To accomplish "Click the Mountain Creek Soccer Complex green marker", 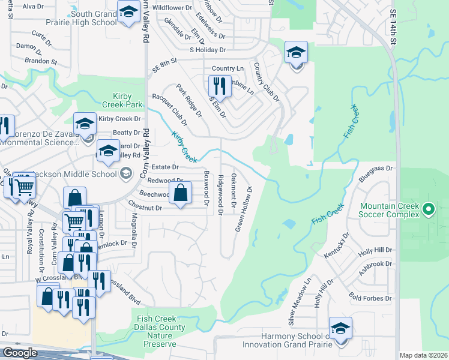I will (428, 209).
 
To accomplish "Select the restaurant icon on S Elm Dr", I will (219, 86).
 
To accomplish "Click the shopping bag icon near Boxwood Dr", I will (181, 193).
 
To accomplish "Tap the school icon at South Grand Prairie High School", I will (128, 11).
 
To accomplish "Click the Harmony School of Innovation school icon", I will (340, 328).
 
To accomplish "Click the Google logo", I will (20, 353).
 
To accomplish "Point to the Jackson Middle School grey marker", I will (125, 174).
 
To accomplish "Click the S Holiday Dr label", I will (208, 50).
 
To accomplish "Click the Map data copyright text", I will (423, 355).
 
